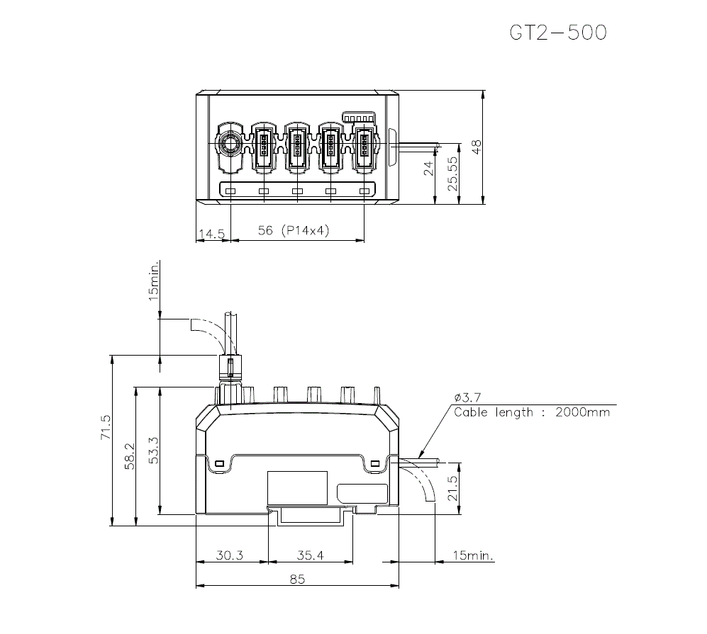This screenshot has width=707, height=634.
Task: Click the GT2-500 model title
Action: coord(558,33)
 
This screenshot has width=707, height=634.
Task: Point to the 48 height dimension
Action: coord(477,147)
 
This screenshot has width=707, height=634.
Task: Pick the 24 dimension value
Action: coord(427,169)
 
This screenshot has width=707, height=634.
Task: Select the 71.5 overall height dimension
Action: coord(106,428)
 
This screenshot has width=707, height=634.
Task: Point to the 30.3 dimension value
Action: coord(229,556)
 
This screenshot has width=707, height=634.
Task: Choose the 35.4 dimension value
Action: coord(309,556)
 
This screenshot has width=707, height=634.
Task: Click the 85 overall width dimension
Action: coord(297,579)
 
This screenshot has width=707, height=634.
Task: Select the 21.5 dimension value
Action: coord(452,489)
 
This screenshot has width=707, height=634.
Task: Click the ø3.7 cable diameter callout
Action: coord(469,397)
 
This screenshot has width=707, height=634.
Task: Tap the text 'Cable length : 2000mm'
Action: coord(531,412)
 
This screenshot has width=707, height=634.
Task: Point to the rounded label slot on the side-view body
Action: coord(362,493)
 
